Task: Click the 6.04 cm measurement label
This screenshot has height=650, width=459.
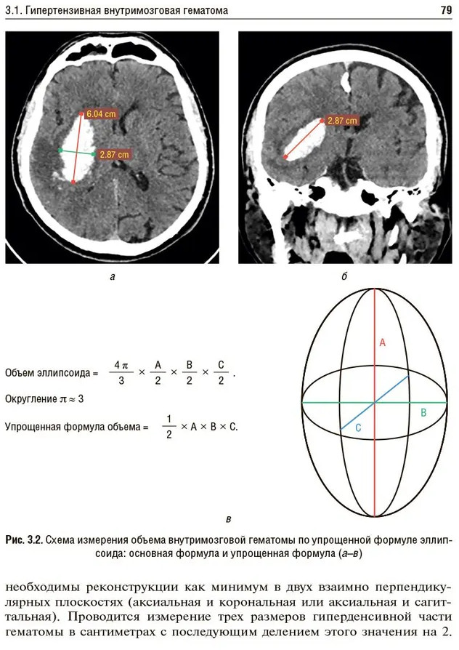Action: tap(102, 113)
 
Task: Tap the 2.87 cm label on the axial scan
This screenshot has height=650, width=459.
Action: tap(115, 155)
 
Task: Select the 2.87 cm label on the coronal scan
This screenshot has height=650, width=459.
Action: tap(342, 121)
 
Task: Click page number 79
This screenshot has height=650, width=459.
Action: tap(446, 10)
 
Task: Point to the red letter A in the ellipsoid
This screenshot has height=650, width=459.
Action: tap(383, 342)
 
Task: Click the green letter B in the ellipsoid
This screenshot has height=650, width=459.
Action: tap(423, 413)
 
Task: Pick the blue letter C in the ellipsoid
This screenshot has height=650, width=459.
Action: tap(358, 428)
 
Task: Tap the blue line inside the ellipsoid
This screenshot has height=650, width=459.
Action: tap(375, 403)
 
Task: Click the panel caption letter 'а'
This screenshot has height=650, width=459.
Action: tap(113, 276)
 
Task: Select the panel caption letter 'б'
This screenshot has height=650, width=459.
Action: tap(344, 276)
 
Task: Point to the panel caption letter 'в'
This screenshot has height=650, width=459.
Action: tap(228, 519)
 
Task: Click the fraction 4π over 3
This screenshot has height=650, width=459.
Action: tap(121, 372)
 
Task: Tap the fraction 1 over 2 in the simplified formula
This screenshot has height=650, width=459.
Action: tap(169, 427)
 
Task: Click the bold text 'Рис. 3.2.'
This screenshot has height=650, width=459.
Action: tap(24, 540)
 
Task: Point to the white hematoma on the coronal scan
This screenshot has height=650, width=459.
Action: tap(305, 140)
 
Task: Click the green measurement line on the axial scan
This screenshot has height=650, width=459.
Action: tap(78, 152)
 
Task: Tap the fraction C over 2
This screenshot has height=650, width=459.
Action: tap(221, 372)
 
